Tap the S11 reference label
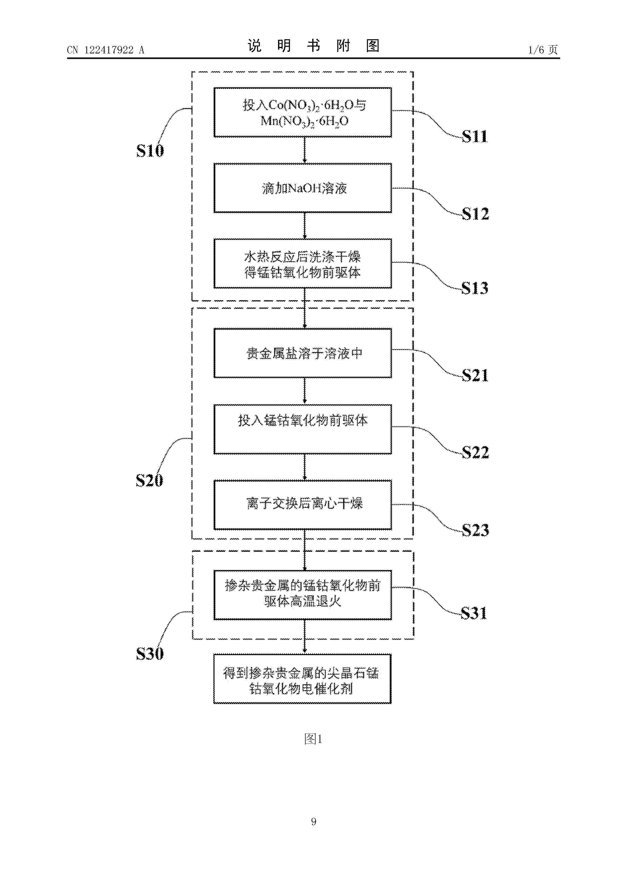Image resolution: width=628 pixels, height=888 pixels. [x=475, y=136]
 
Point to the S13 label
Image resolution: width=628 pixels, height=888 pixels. [x=475, y=288]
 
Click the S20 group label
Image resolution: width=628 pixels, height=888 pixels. [x=149, y=480]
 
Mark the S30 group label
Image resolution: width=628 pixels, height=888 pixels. [x=150, y=654]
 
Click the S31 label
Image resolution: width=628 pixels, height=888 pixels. [x=474, y=613]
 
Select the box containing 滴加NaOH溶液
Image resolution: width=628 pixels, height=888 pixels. [x=303, y=188]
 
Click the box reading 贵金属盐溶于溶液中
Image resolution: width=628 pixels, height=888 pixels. [x=303, y=353]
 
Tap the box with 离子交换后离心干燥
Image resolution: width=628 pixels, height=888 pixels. [x=303, y=505]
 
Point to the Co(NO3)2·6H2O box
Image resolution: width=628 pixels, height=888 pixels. [x=303, y=112]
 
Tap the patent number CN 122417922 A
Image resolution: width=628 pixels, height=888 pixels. [x=106, y=50]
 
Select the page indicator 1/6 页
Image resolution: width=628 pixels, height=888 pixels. [x=543, y=50]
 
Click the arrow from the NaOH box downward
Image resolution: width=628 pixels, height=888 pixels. [x=305, y=226]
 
